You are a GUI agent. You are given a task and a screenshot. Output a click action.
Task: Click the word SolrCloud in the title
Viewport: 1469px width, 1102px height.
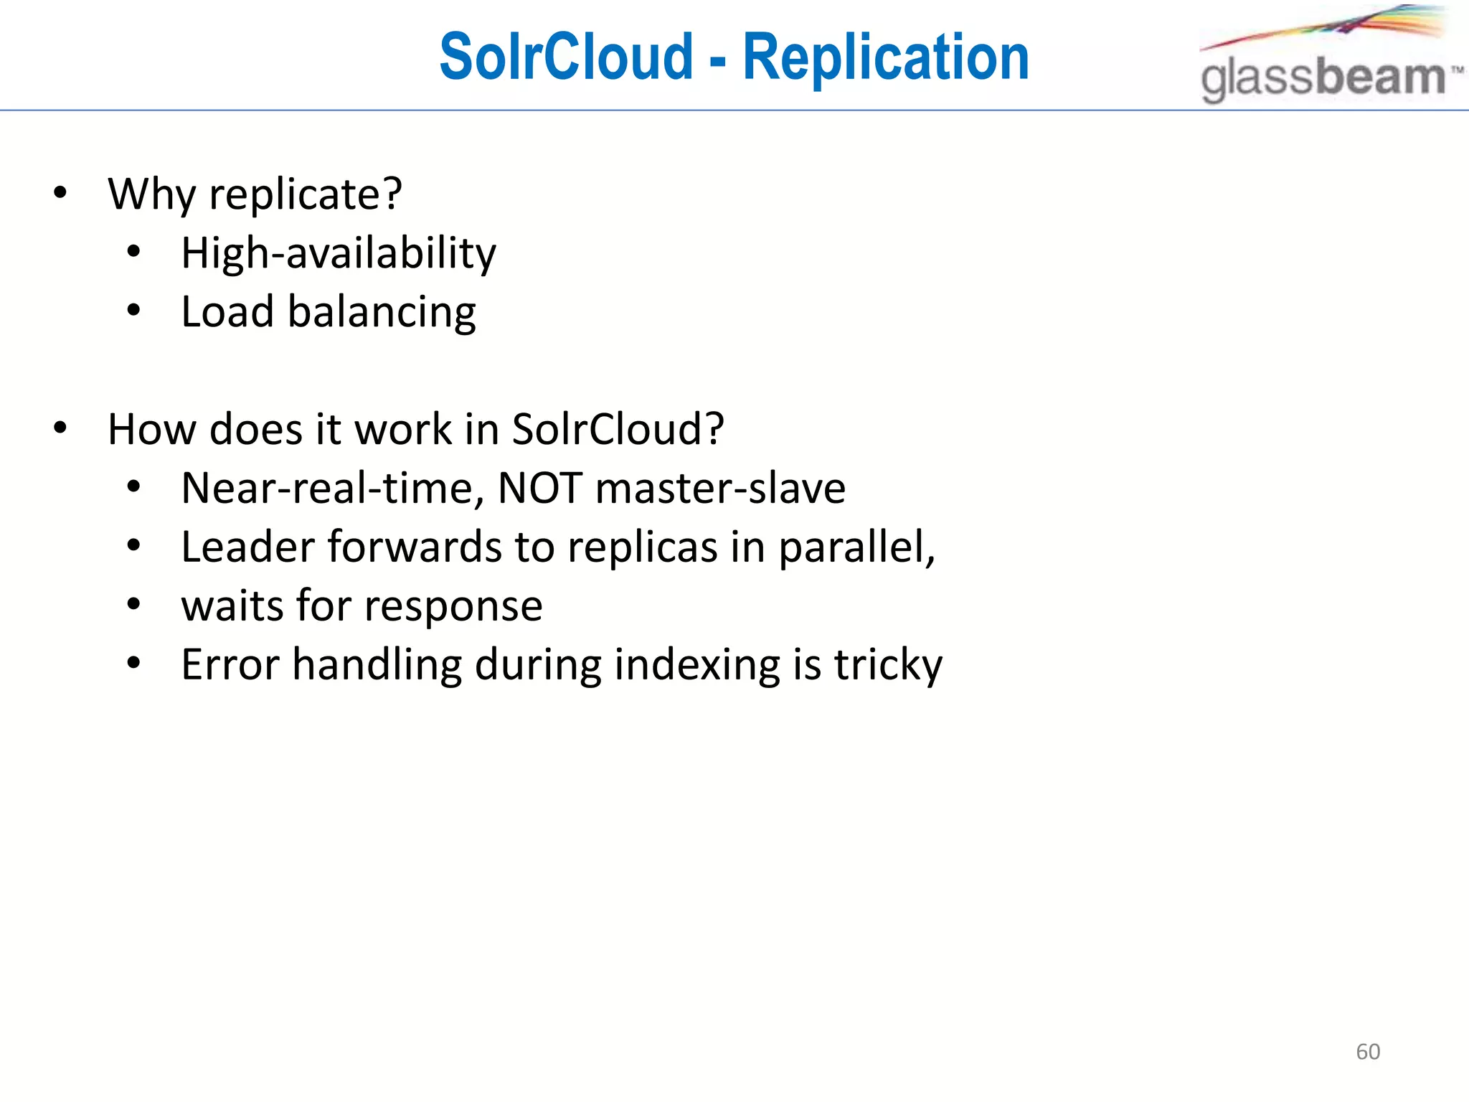567,57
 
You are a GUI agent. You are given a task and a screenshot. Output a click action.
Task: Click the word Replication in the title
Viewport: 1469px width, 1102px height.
886,57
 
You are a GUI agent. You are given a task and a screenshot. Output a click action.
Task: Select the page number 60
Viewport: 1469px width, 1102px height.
1368,1052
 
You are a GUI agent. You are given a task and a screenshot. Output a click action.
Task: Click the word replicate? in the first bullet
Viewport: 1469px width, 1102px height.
305,194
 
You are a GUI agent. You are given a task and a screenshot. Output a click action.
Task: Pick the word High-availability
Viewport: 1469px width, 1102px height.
338,253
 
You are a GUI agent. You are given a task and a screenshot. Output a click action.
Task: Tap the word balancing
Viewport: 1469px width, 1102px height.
382,313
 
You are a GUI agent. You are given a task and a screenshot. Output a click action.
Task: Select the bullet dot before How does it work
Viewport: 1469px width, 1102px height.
60,428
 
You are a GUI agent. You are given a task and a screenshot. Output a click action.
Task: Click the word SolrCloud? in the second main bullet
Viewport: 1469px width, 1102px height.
618,429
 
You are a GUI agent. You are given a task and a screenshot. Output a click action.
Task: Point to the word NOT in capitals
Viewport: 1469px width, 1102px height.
539,489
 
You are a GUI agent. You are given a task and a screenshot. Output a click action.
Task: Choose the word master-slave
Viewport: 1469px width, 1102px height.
720,489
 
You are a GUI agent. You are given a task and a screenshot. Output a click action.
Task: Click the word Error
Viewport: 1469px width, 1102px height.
230,664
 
